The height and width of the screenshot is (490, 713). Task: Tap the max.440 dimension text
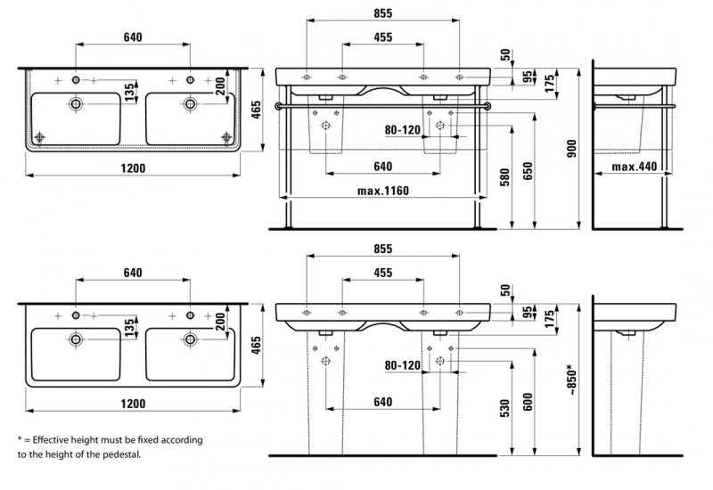click(x=634, y=167)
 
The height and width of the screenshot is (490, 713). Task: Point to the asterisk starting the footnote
click(x=19, y=439)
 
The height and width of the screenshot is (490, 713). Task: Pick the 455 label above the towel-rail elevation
click(x=383, y=38)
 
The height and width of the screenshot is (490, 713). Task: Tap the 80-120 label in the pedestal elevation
click(x=403, y=365)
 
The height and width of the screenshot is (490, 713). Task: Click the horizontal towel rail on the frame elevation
click(x=383, y=106)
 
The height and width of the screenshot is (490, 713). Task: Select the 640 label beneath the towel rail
click(x=383, y=167)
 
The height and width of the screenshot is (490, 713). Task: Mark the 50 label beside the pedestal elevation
click(x=507, y=290)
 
